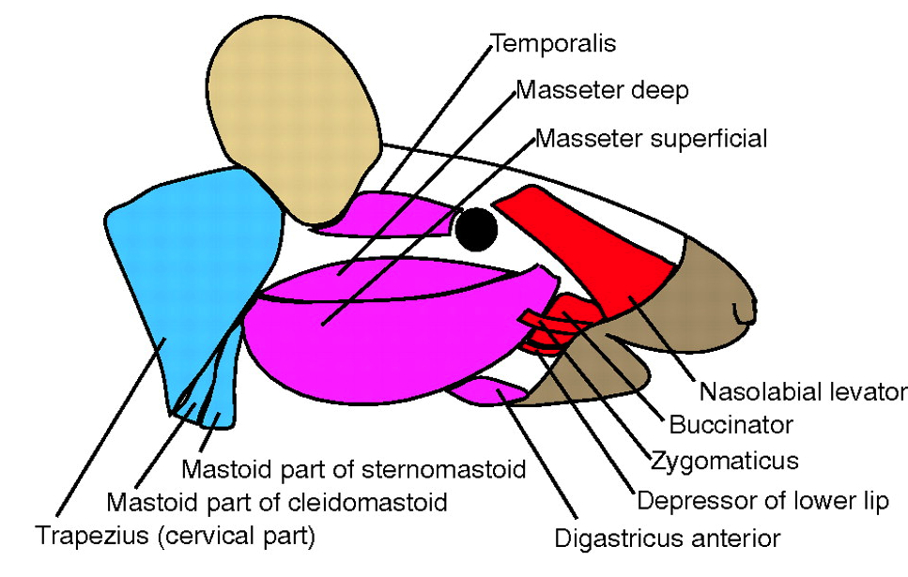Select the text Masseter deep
(603, 91)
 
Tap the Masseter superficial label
(652, 139)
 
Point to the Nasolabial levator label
(801, 391)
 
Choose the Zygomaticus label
(725, 461)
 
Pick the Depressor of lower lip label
(762, 501)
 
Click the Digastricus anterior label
(668, 539)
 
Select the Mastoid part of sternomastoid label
(353, 467)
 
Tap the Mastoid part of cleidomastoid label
(277, 503)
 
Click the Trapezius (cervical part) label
(176, 538)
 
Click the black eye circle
(477, 229)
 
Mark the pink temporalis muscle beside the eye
(394, 215)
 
